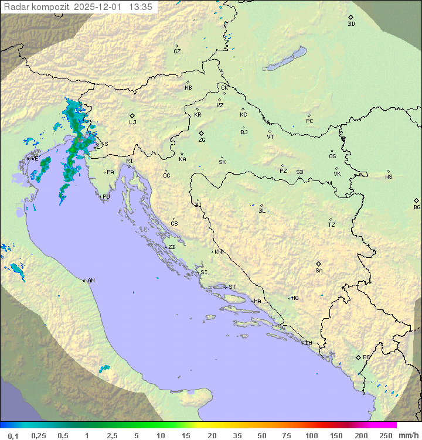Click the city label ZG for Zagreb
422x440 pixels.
(202, 140)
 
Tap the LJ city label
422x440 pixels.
(132, 122)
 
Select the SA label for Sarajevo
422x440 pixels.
(319, 271)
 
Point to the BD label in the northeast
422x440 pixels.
(351, 24)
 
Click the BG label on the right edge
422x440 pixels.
(417, 207)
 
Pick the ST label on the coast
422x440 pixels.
(232, 287)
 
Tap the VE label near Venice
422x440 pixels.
(35, 159)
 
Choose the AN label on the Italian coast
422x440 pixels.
(91, 281)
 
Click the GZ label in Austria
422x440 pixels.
(177, 52)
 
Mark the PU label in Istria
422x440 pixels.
(106, 197)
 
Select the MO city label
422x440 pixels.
(295, 298)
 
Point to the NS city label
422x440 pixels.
(389, 177)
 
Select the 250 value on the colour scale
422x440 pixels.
(386, 435)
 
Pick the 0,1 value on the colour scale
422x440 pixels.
(13, 435)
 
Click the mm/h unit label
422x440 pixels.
(407, 435)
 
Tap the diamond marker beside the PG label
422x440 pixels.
(358, 357)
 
